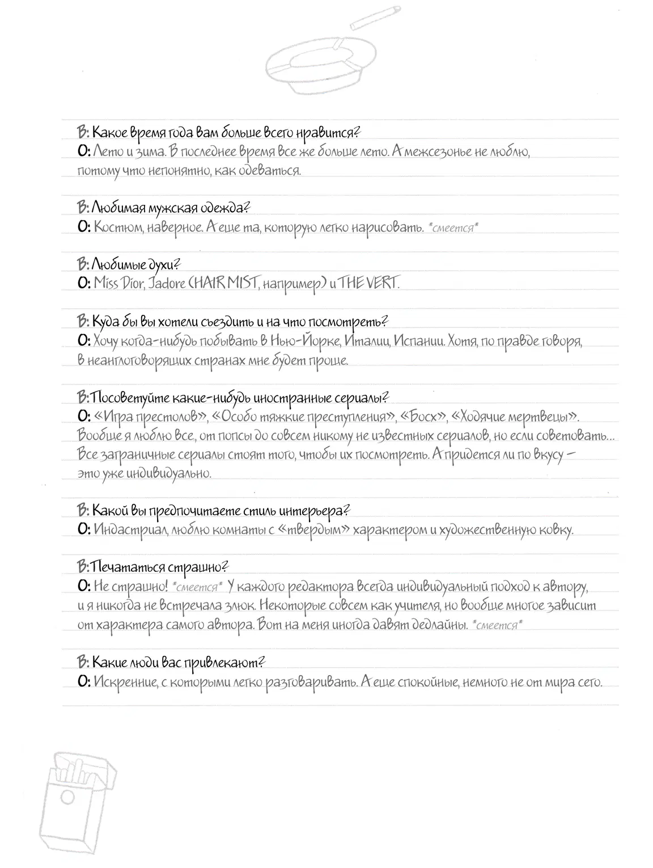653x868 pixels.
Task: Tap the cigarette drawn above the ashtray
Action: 375,17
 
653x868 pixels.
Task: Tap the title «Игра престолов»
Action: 150,417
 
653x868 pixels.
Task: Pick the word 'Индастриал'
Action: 130,530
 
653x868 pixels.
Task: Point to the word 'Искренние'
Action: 122,681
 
